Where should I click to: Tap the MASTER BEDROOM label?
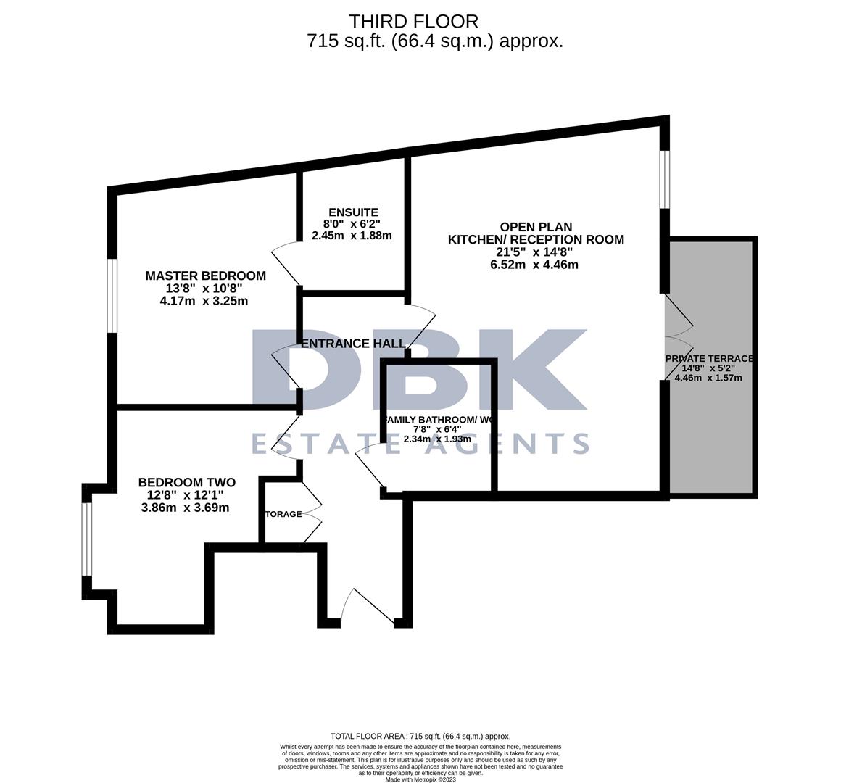coord(205,275)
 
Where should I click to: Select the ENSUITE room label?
coord(352,212)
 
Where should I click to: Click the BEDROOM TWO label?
coord(186,482)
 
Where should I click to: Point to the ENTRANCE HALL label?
coord(353,344)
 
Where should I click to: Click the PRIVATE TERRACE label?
coord(709,358)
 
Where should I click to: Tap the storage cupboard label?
coord(283,514)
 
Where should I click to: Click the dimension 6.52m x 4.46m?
coord(534,265)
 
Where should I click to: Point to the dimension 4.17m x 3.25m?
coord(204,301)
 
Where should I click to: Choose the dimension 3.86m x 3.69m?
coord(185,507)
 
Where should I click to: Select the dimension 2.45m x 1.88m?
coord(352,236)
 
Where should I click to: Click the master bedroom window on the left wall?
coord(112,296)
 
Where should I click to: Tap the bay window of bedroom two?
coord(87,538)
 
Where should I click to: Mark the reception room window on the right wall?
coord(664,180)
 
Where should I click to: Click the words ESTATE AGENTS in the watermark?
coord(420,442)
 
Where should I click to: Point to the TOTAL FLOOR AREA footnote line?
coord(420,736)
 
